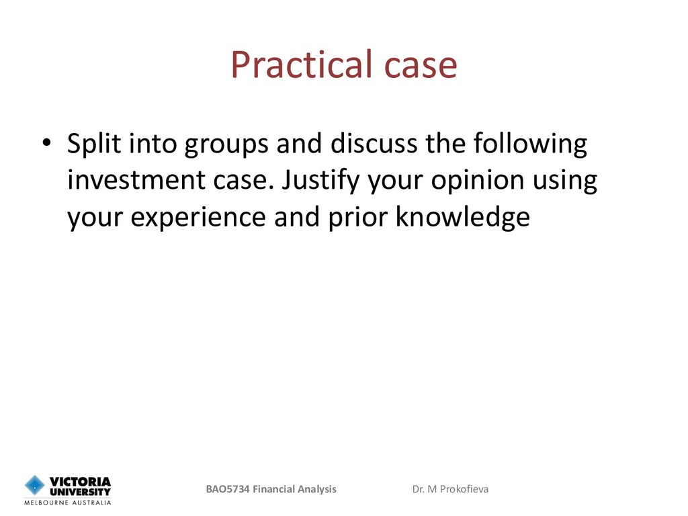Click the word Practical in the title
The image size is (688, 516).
[x=302, y=64]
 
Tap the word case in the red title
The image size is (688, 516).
[x=421, y=67]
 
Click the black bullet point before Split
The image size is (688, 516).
[x=47, y=142]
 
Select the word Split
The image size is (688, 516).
[x=94, y=144]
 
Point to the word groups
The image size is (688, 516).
[x=226, y=145]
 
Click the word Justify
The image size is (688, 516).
[x=320, y=181]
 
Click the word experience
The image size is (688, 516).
[x=198, y=218]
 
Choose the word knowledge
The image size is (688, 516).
[x=463, y=217]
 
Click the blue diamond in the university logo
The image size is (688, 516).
[x=35, y=485]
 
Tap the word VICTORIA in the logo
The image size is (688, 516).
[x=80, y=482]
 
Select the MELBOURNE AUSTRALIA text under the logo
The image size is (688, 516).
[x=68, y=503]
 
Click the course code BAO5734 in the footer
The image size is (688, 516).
[x=228, y=489]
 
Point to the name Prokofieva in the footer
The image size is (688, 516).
[x=464, y=489]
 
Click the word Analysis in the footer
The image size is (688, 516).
[x=317, y=490]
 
